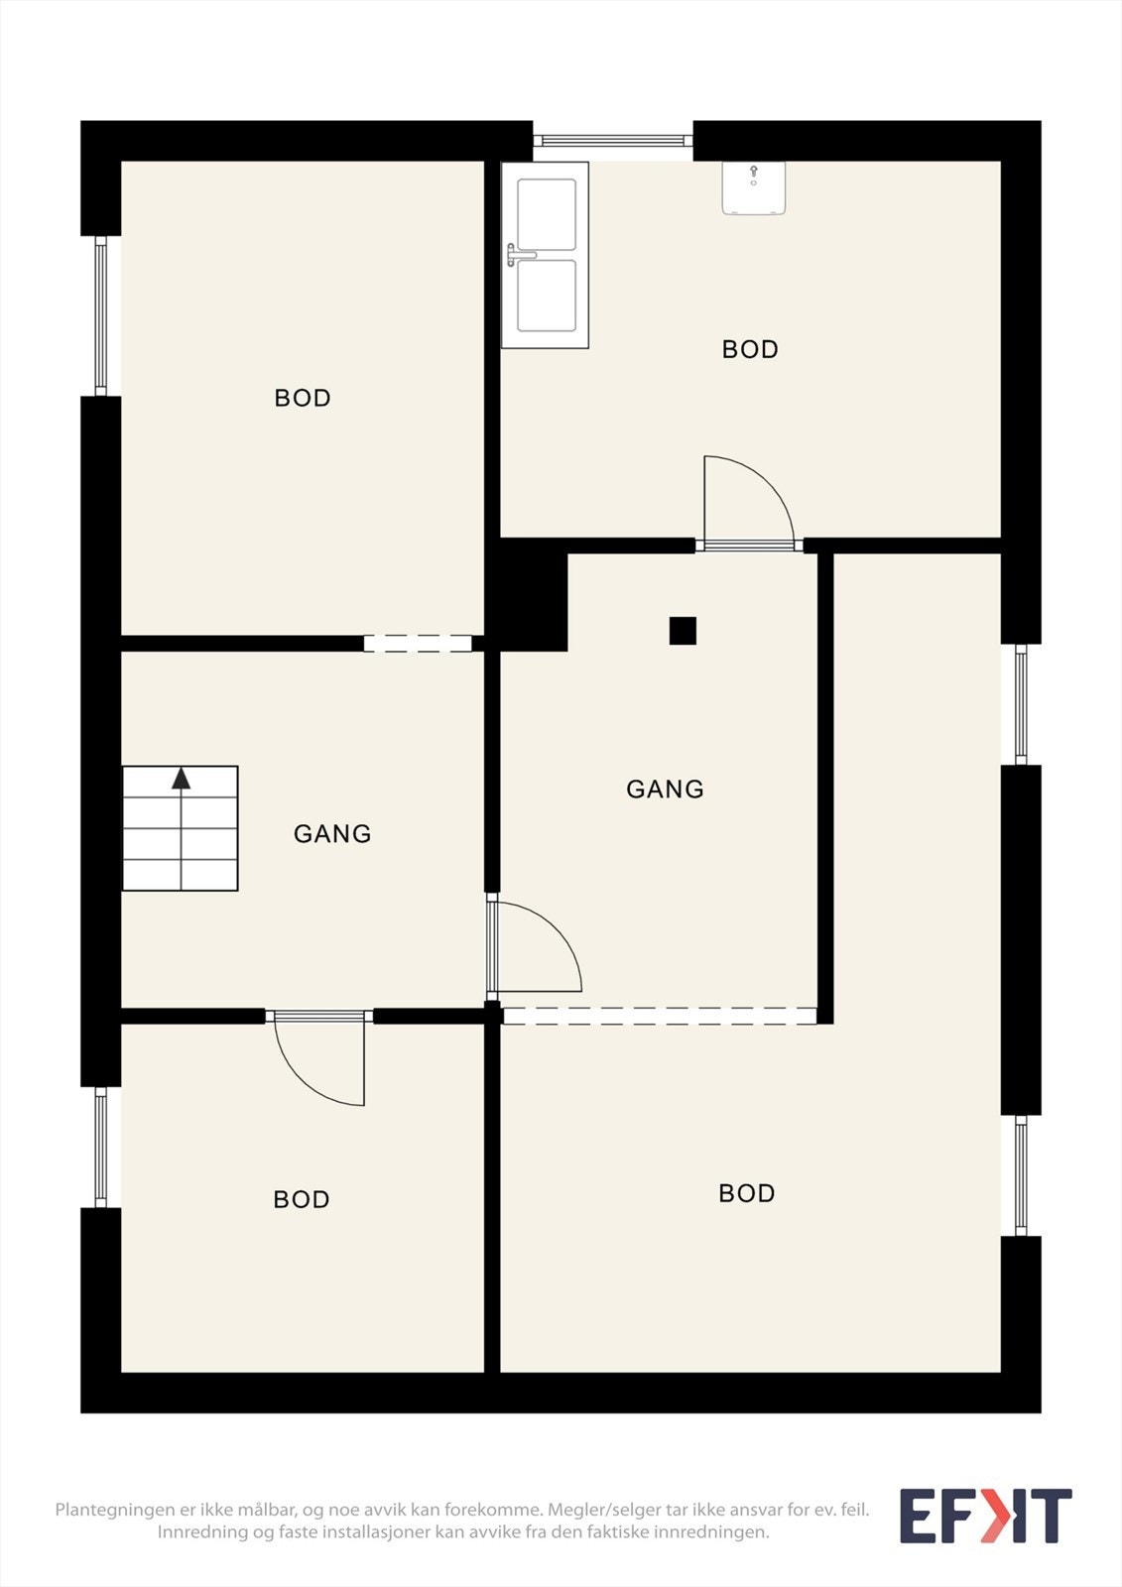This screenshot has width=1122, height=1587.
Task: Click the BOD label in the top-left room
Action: tap(303, 398)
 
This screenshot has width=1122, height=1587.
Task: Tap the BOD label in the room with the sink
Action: tap(750, 349)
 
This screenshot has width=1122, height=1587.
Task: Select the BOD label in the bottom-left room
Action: tap(302, 1199)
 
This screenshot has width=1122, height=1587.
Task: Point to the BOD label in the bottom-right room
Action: tap(746, 1193)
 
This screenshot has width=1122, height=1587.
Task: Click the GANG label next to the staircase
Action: tap(332, 834)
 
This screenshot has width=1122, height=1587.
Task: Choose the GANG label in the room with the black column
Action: tap(665, 790)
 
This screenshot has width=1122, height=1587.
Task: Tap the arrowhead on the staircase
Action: tap(182, 778)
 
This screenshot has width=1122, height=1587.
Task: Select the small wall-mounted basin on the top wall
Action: tap(753, 187)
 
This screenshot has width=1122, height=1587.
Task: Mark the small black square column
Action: tap(683, 631)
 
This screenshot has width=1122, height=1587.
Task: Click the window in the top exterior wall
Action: tap(612, 141)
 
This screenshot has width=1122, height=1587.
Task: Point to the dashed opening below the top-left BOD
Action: tap(418, 644)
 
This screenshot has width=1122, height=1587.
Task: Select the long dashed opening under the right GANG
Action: tap(660, 1016)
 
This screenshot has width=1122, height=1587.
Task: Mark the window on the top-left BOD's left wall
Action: tap(100, 316)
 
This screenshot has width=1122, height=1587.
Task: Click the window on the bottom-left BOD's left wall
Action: tap(100, 1147)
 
